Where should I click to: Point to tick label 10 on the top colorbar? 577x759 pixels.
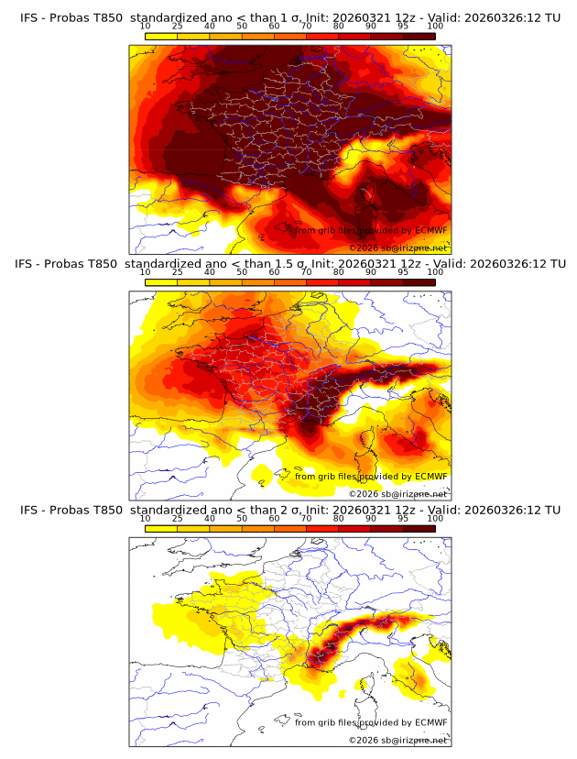click(146, 27)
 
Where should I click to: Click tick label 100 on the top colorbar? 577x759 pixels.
click(435, 27)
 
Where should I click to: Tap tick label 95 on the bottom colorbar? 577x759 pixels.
click(403, 519)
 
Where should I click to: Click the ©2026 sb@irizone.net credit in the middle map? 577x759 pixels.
click(397, 494)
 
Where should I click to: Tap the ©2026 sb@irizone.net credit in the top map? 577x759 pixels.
click(397, 248)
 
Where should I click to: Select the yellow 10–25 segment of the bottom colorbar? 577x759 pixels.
click(161, 529)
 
